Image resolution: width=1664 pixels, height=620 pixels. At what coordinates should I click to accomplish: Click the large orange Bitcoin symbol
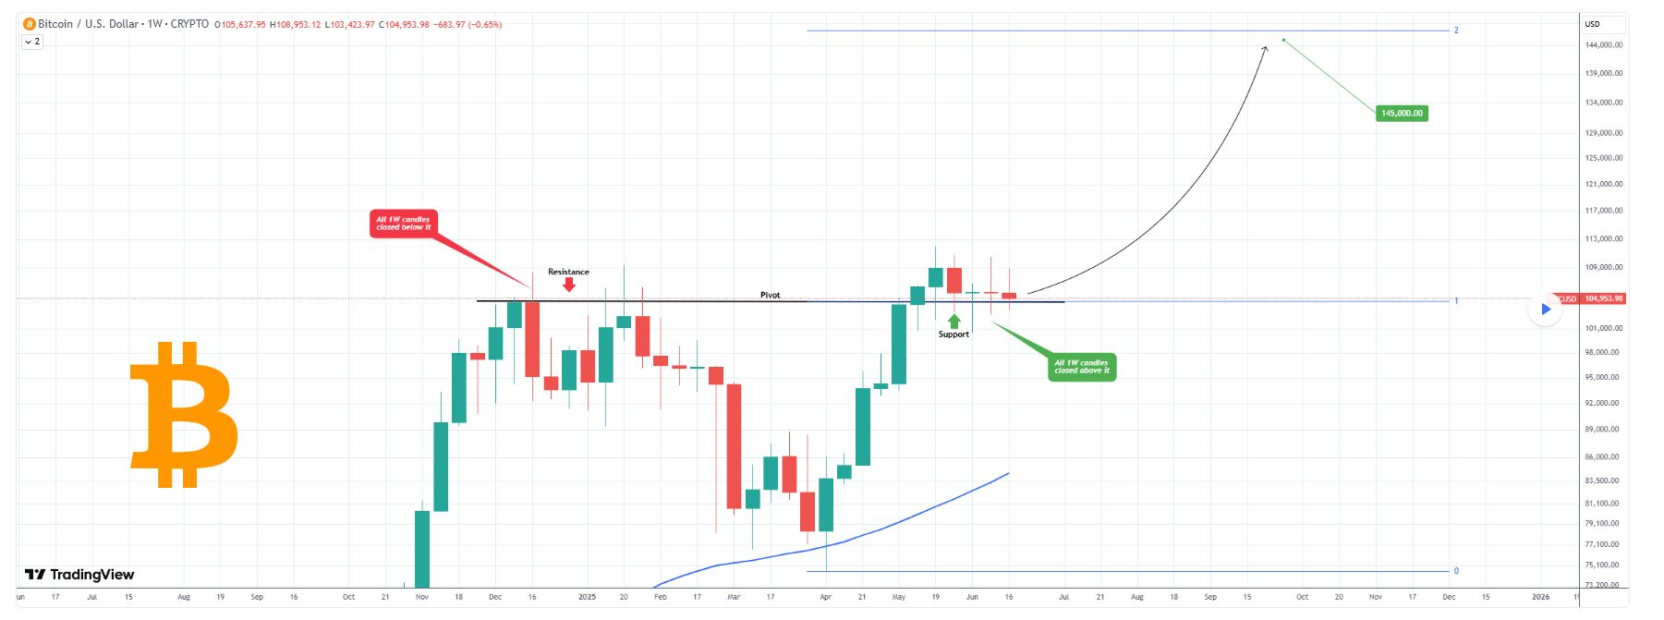pyautogui.click(x=184, y=414)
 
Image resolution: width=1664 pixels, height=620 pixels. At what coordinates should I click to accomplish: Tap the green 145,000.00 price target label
pyautogui.click(x=1402, y=114)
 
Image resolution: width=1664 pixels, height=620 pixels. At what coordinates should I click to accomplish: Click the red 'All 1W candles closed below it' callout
pyautogui.click(x=403, y=224)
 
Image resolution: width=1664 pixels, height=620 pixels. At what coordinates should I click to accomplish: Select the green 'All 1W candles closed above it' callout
pyautogui.click(x=1081, y=367)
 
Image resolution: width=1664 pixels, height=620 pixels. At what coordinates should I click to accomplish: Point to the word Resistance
pyautogui.click(x=568, y=272)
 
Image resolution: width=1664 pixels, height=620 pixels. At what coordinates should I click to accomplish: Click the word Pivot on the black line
pyautogui.click(x=770, y=295)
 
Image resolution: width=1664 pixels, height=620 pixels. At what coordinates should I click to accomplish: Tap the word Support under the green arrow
pyautogui.click(x=953, y=334)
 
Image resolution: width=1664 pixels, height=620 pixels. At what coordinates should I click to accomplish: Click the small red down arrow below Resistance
pyautogui.click(x=569, y=285)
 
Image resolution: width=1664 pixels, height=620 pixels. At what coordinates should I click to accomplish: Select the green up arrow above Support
pyautogui.click(x=954, y=322)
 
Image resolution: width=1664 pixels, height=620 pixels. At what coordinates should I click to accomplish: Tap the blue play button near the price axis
pyautogui.click(x=1546, y=310)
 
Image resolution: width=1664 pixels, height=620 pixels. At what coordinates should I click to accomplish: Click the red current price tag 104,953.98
pyautogui.click(x=1602, y=298)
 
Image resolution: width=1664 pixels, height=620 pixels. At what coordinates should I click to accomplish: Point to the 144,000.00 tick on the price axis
pyautogui.click(x=1604, y=45)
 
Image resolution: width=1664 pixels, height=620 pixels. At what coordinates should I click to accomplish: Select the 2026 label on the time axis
pyautogui.click(x=1540, y=597)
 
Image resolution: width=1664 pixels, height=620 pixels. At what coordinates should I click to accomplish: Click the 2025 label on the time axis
pyautogui.click(x=587, y=597)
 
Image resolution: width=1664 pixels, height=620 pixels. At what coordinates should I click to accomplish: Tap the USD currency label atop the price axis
pyautogui.click(x=1593, y=24)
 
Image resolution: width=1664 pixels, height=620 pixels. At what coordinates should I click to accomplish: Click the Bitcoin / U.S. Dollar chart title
pyautogui.click(x=90, y=24)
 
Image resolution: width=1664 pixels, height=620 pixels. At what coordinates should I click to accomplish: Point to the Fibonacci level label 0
pyautogui.click(x=1456, y=571)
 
